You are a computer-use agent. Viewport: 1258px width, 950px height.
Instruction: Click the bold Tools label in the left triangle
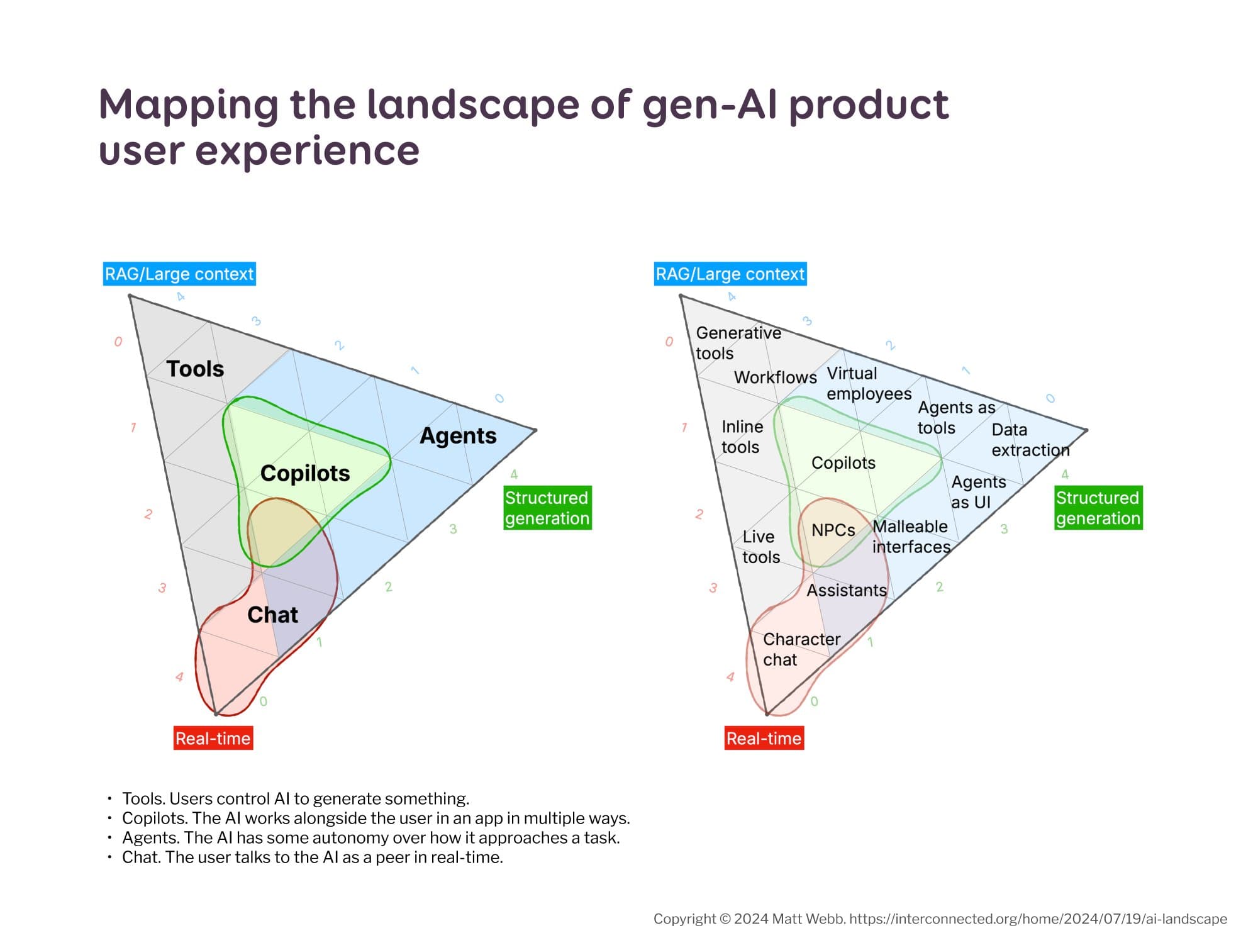point(195,369)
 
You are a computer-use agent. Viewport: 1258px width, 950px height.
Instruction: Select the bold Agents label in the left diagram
point(458,435)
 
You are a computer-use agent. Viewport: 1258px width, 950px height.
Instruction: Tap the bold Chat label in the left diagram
point(272,615)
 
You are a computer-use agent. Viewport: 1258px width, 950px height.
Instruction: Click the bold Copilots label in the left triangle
point(305,473)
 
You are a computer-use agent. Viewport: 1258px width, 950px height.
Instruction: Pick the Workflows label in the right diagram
point(775,377)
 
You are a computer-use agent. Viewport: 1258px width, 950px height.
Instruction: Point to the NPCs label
point(833,530)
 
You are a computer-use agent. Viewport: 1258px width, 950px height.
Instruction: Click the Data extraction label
point(1030,440)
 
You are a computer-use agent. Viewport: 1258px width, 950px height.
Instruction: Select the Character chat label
point(801,649)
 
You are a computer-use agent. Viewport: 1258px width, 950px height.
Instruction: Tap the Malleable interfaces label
point(911,537)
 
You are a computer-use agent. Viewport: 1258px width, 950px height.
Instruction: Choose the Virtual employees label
point(869,383)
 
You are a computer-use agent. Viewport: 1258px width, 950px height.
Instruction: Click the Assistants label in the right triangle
point(847,590)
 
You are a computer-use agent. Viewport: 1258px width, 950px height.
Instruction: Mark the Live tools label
point(760,547)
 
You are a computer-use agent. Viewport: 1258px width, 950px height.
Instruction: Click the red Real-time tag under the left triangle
point(213,738)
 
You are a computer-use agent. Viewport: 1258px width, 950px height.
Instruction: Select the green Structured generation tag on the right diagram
point(1098,508)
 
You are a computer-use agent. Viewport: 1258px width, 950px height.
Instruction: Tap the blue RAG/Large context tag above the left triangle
point(179,274)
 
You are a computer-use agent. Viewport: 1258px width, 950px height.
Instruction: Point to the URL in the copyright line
point(1038,919)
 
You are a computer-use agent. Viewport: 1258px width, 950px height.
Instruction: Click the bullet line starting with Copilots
point(376,819)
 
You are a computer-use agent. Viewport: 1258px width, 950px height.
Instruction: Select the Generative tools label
point(738,343)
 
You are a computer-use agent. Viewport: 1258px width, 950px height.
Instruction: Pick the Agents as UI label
point(978,492)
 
